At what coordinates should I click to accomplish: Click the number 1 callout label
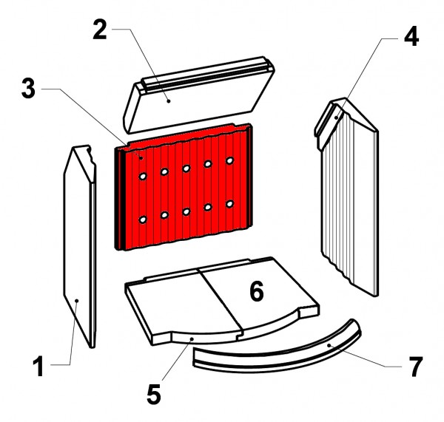click(x=38, y=366)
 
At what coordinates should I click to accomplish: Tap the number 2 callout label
click(x=100, y=30)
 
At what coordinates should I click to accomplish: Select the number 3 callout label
click(x=28, y=89)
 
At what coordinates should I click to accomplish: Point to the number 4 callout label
click(x=411, y=36)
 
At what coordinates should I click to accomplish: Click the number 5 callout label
click(x=154, y=394)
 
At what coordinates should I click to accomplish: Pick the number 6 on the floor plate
click(x=257, y=291)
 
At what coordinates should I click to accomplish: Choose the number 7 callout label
click(x=415, y=367)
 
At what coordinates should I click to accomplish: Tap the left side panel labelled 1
click(x=80, y=246)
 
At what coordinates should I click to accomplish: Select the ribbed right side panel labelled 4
click(x=347, y=198)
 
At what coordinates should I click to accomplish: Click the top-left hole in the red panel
click(x=143, y=177)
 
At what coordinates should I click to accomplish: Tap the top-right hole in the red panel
click(x=229, y=160)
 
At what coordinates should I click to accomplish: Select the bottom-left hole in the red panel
click(x=143, y=219)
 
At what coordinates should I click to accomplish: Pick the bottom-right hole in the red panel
click(x=229, y=204)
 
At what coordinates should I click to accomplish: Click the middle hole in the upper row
click(x=186, y=169)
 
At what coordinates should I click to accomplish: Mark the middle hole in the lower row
click(x=186, y=211)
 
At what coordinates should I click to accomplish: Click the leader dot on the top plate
click(x=169, y=101)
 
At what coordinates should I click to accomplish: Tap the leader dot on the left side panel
click(x=76, y=301)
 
